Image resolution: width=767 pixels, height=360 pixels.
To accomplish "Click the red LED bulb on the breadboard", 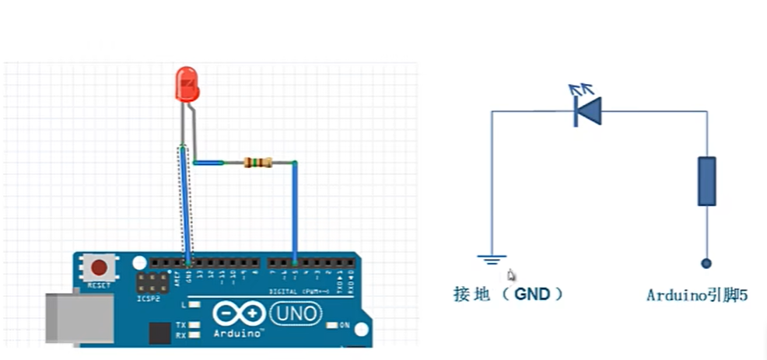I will (187, 84).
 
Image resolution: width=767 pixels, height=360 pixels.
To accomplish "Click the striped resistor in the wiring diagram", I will (257, 163).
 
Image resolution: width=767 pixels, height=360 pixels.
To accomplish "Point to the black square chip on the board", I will (159, 334).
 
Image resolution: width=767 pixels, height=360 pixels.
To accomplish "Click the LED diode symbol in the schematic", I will (587, 111).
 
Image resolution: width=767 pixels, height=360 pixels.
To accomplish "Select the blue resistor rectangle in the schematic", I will (706, 180).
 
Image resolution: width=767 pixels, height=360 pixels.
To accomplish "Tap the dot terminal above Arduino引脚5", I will (706, 264).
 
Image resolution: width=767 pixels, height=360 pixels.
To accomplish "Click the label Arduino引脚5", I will (696, 295).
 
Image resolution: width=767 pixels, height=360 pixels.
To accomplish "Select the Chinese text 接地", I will (472, 295).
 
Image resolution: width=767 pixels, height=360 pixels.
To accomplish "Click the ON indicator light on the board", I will (333, 325).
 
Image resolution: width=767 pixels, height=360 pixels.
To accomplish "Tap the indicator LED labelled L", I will (193, 305).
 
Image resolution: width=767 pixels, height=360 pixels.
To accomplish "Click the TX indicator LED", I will (193, 324).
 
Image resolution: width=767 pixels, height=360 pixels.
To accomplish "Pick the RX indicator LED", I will (193, 335).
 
